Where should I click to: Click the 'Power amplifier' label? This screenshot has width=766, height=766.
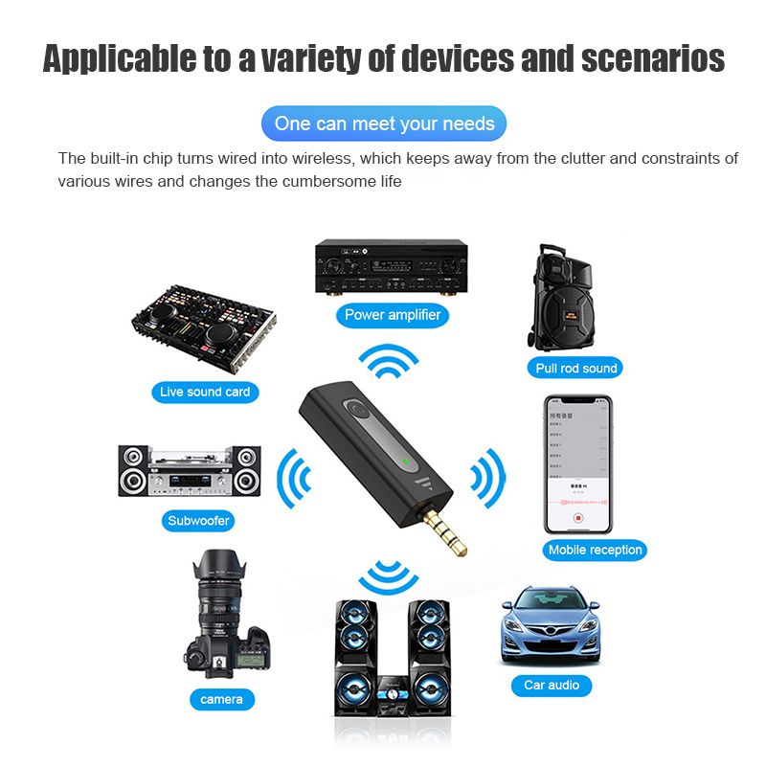tap(393, 314)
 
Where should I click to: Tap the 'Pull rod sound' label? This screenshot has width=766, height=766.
tap(576, 368)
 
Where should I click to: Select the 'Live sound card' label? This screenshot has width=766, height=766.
tap(205, 392)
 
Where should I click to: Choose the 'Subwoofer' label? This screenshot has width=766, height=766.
tap(198, 522)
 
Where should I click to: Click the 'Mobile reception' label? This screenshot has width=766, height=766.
tap(595, 550)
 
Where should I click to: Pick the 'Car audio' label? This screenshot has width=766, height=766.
tap(552, 685)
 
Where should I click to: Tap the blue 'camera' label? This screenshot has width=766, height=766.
tap(221, 699)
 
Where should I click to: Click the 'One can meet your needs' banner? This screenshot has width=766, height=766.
tap(384, 124)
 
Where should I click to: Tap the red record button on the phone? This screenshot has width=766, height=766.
tap(577, 518)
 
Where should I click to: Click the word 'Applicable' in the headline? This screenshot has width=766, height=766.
tap(117, 58)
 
